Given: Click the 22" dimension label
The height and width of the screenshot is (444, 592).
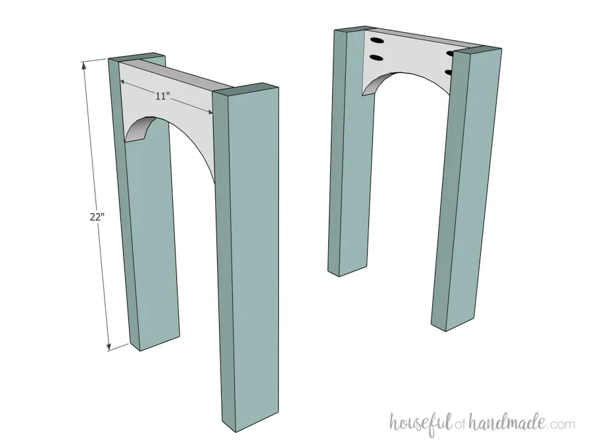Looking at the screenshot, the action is (97, 217).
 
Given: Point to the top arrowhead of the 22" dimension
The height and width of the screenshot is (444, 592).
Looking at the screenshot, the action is (84, 65).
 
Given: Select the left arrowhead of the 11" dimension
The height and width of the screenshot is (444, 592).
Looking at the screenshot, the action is (124, 81).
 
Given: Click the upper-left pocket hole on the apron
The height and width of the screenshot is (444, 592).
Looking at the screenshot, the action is (376, 40).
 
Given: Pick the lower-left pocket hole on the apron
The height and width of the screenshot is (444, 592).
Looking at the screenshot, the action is (376, 58).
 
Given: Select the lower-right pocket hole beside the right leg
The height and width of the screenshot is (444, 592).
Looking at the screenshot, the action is (449, 72).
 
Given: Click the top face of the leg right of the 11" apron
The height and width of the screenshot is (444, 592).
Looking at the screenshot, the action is (245, 89).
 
